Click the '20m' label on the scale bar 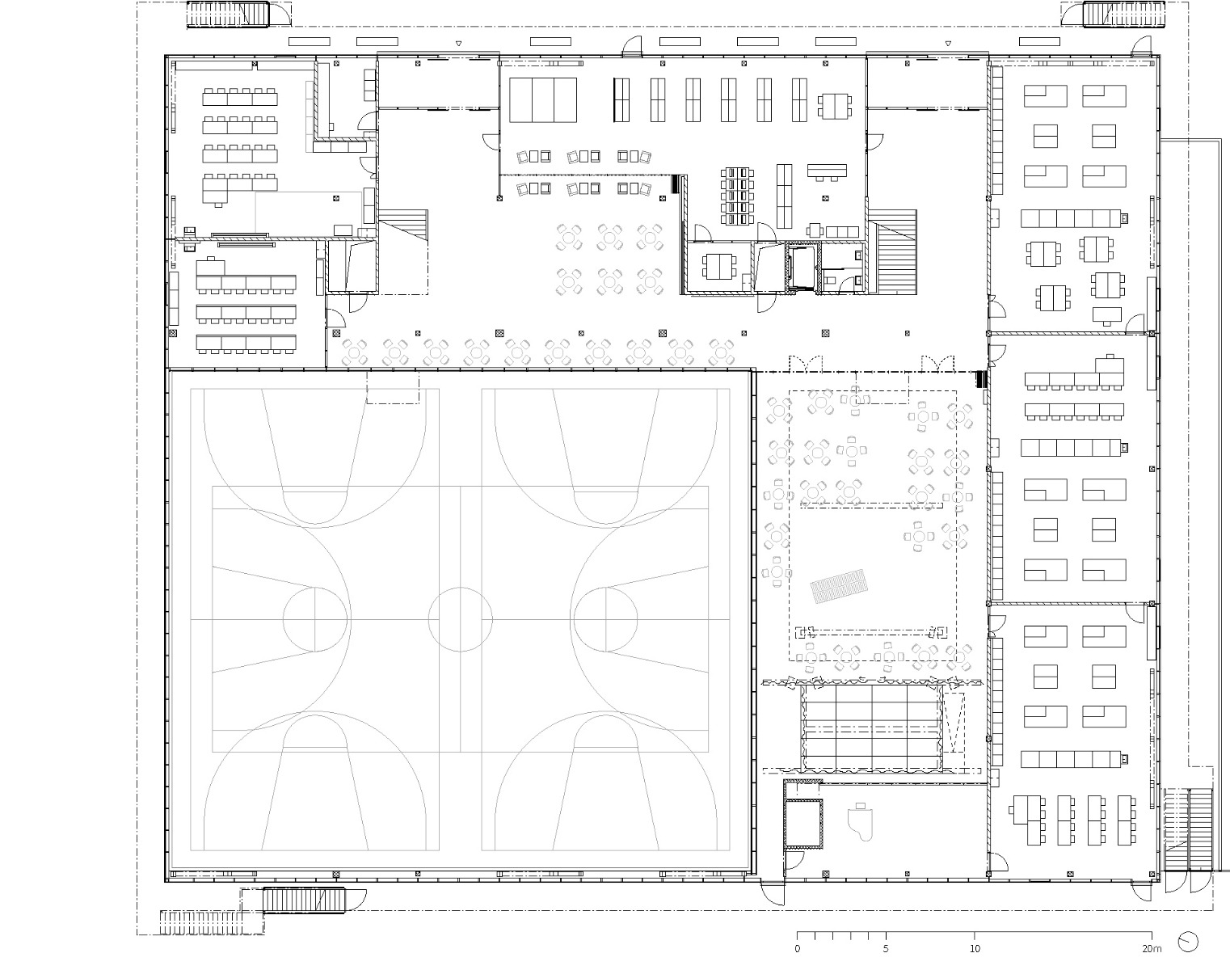click(1151, 948)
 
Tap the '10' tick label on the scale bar click(975, 948)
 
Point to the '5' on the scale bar click(886, 948)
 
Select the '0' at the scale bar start click(798, 948)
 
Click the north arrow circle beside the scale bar click(1188, 941)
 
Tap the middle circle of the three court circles click(460, 619)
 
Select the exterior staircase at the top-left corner click(228, 14)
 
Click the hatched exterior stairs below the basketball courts click(305, 900)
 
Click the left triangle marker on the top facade click(458, 43)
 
